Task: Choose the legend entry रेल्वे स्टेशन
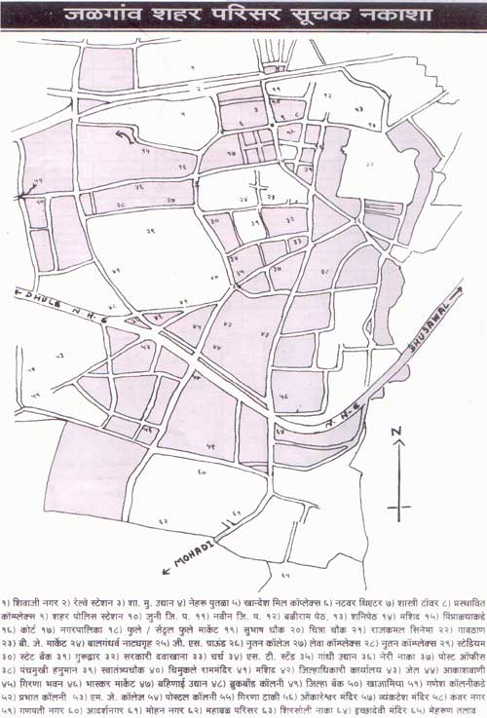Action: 98,591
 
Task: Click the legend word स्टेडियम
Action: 464,632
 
